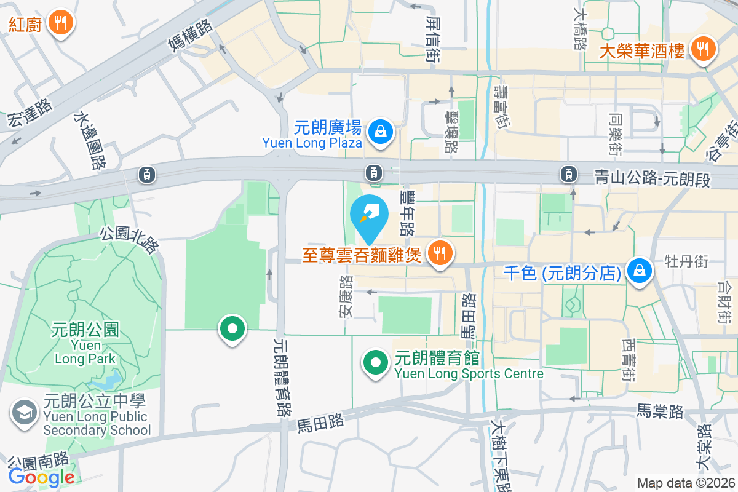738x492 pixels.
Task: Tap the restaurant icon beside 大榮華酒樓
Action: pos(702,49)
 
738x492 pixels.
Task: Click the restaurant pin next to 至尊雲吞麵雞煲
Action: pos(439,252)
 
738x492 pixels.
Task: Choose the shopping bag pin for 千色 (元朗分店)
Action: pos(640,271)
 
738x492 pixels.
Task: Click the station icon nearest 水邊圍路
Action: pos(147,175)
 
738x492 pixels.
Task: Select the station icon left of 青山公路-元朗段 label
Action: pos(568,174)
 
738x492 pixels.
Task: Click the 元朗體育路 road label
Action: pos(283,378)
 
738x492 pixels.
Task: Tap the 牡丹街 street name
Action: pos(686,261)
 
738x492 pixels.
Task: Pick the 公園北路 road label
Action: pos(130,240)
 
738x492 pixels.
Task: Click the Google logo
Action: pos(42,477)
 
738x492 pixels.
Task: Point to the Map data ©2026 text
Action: pos(685,483)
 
